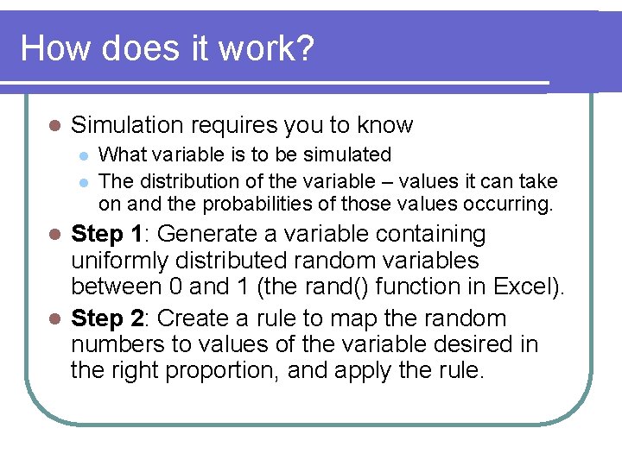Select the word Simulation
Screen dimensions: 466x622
127,125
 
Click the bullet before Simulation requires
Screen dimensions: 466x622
54,126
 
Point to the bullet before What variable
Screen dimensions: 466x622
82,156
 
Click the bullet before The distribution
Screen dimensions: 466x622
82,182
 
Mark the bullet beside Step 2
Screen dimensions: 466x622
54,319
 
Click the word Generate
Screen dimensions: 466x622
206,234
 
